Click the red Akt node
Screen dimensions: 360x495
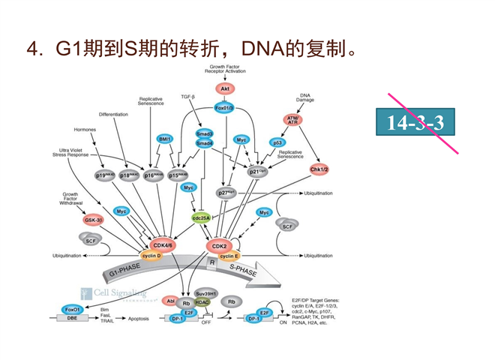click(x=223, y=88)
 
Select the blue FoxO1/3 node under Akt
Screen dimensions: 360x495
click(x=223, y=108)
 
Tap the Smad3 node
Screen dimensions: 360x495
click(x=205, y=133)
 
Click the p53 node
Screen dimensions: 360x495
click(x=277, y=142)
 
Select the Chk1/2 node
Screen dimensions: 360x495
click(x=319, y=169)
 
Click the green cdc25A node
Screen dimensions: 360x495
click(x=201, y=218)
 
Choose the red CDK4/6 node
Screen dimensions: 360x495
click(x=163, y=245)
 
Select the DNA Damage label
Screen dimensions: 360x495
click(x=305, y=97)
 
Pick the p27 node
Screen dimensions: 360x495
click(x=226, y=193)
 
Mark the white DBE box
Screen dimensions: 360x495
click(x=72, y=318)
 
